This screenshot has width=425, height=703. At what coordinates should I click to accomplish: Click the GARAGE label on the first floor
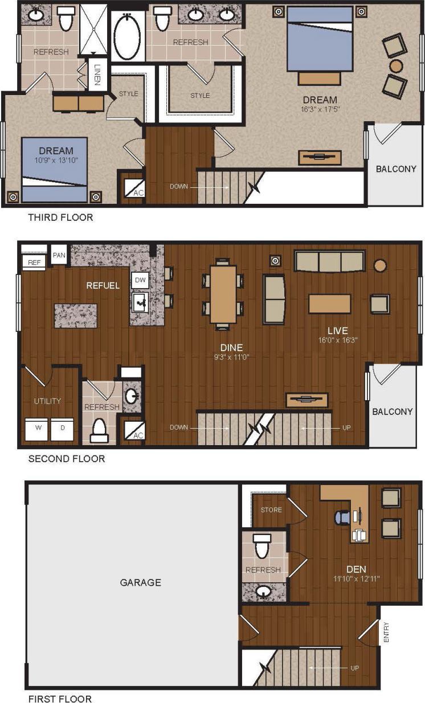coord(140,582)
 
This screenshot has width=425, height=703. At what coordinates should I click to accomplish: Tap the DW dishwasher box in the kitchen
coord(140,280)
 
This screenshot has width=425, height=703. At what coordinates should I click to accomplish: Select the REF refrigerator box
coord(33,262)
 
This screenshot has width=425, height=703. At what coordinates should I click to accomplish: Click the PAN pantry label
coord(59,255)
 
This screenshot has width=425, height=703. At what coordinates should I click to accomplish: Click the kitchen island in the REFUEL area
coord(75,315)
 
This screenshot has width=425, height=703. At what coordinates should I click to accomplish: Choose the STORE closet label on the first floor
coord(271,509)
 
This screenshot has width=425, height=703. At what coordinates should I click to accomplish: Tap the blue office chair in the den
coord(342,517)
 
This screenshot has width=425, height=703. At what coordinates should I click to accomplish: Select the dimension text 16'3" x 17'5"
coord(320,109)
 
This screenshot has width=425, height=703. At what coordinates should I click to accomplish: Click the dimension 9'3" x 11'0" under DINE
coord(232,357)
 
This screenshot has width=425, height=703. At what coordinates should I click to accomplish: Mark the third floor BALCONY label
coord(395,168)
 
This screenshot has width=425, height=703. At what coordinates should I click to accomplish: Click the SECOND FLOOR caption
coord(67,458)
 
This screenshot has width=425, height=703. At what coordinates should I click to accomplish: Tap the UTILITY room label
coord(47,401)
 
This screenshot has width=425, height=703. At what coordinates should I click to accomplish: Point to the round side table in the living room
coord(380,265)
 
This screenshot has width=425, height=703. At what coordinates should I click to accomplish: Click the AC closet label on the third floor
coord(138,192)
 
